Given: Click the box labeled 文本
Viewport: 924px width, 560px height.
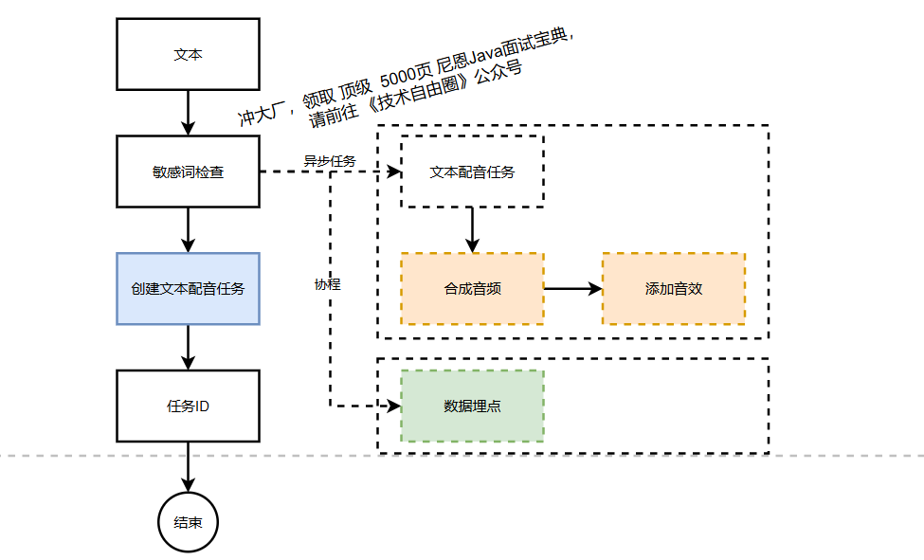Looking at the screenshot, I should [x=188, y=55].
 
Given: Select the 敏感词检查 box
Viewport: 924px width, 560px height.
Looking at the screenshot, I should [x=188, y=172].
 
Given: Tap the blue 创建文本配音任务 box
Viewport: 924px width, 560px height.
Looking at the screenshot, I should [x=188, y=289].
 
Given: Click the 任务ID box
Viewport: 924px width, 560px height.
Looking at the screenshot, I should [x=188, y=406].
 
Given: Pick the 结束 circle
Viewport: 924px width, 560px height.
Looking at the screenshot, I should [x=188, y=522].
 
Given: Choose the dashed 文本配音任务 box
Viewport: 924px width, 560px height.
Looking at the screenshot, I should [x=472, y=172].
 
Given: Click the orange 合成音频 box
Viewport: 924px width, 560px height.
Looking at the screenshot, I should [x=472, y=289].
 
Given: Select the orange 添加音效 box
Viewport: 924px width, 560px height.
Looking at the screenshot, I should [x=673, y=289].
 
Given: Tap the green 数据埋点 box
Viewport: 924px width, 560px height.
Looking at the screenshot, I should [x=472, y=406].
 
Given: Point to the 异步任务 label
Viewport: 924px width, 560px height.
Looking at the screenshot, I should [x=329, y=161].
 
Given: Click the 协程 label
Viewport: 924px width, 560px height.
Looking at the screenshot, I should [x=327, y=284].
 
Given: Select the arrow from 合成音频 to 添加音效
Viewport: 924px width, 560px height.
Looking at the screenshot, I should [x=572, y=289].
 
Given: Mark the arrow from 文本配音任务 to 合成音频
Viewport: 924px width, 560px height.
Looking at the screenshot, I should [x=472, y=229].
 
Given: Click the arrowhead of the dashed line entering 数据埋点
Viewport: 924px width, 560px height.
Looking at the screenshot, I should [x=393, y=406].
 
